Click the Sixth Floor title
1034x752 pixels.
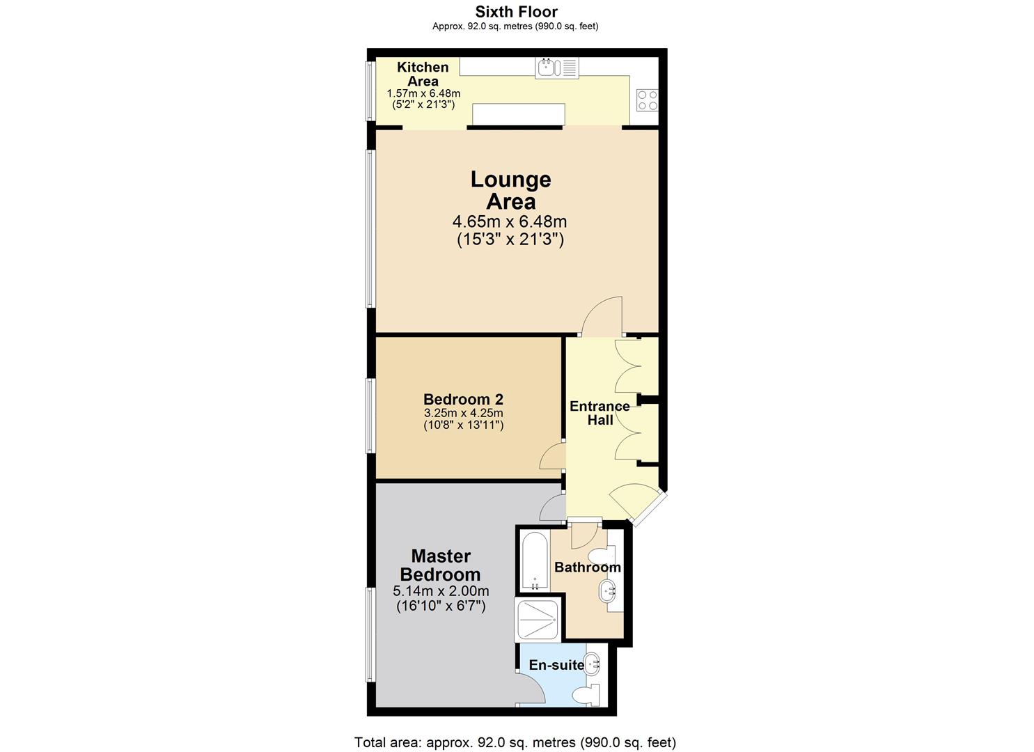pyautogui.click(x=515, y=12)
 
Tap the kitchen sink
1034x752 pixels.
pyautogui.click(x=548, y=68)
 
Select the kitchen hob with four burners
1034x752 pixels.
pyautogui.click(x=647, y=100)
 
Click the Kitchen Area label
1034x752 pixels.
pyautogui.click(x=423, y=74)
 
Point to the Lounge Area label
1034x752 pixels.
pyautogui.click(x=510, y=190)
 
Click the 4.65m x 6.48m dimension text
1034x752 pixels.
pyautogui.click(x=510, y=222)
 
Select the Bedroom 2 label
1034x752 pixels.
pyautogui.click(x=463, y=400)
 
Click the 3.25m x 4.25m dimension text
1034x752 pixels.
pyautogui.click(x=463, y=413)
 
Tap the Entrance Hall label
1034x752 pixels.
pyautogui.click(x=600, y=413)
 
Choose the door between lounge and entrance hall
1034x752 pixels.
pyautogui.click(x=602, y=318)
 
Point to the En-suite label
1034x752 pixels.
pyautogui.click(x=556, y=665)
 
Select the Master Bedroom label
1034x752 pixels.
pyautogui.click(x=440, y=565)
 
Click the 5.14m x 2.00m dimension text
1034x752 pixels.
pyautogui.click(x=441, y=591)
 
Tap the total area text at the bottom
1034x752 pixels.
pyautogui.click(x=515, y=742)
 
